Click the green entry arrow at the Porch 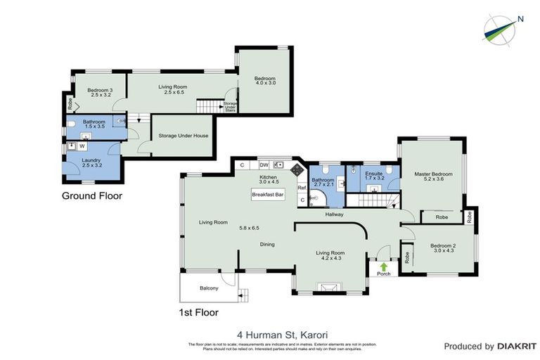383,266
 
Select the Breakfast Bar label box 268,195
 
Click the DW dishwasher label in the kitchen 262,165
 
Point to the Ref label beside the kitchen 301,188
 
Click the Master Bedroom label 433,174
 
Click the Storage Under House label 183,136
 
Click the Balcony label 209,288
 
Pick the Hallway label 335,216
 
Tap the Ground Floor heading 91,196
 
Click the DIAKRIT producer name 517,346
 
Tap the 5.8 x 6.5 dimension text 249,228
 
